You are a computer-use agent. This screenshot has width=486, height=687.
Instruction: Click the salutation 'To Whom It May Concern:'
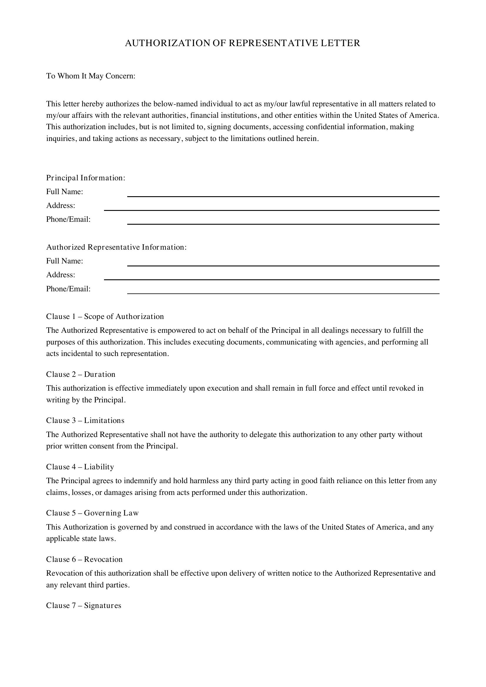point(91,76)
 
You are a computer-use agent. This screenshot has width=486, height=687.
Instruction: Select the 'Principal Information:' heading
point(86,178)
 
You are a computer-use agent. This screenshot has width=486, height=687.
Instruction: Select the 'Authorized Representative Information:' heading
point(116,247)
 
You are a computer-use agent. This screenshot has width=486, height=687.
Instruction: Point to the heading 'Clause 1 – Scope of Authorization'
point(105,317)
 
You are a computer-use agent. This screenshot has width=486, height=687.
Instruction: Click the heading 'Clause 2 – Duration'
point(81,374)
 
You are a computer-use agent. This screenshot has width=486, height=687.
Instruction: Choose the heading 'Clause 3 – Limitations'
point(85,420)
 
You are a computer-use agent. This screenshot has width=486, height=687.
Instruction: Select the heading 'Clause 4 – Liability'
point(80,467)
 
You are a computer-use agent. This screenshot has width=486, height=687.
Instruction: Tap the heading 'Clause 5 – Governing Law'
point(92,513)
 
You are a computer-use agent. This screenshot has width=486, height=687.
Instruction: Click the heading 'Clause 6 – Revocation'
point(84,559)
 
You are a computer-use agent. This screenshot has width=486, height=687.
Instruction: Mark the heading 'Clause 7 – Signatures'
point(83,605)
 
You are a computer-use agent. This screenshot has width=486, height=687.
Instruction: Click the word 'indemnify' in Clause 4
point(140,481)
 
